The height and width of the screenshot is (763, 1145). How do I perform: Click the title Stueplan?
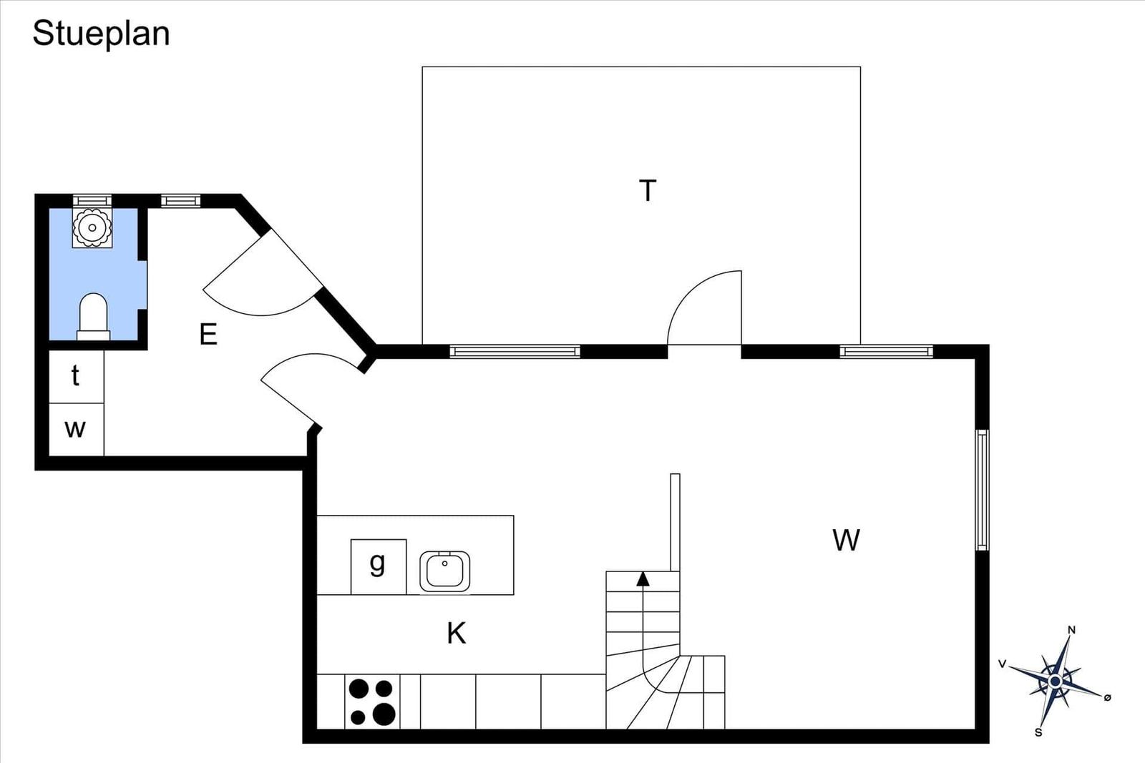coord(101,34)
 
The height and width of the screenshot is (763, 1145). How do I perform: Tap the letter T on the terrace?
coord(648,190)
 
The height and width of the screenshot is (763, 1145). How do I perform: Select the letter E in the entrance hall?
coord(208,335)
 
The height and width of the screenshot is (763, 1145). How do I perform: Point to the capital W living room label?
coord(846,540)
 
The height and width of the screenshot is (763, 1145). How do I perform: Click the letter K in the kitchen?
coord(457,634)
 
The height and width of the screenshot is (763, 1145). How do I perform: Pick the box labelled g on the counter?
coord(379,567)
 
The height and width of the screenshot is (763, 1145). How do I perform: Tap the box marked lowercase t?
coord(76,376)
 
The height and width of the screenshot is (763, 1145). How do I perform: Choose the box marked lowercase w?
coord(76,430)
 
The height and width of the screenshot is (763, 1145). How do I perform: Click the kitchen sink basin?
coord(444,571)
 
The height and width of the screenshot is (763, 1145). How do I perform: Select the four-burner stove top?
coord(372,702)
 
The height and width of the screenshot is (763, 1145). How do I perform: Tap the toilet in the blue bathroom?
coord(94,317)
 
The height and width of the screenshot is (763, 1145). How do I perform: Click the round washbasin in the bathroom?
coord(92,228)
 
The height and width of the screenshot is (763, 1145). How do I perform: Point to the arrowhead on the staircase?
coord(643,579)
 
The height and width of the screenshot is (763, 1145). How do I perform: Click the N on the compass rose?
coord(1072,630)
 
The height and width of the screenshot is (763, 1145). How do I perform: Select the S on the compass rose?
coord(1038,733)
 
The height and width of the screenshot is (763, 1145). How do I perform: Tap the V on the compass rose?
coord(1003,664)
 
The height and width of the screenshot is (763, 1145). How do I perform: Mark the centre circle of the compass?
coord(1055,681)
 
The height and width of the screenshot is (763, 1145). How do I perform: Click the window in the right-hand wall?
coord(982,491)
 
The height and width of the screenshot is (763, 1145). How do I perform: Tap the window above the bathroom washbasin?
coord(92,200)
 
